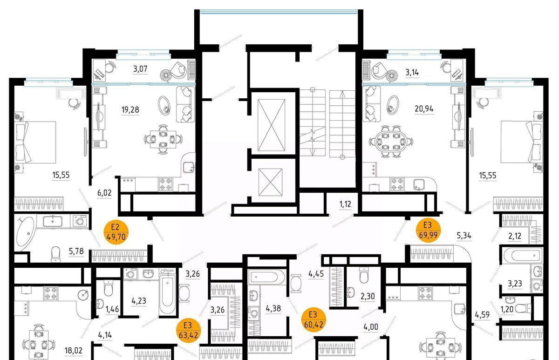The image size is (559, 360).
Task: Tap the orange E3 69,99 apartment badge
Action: point(428,230)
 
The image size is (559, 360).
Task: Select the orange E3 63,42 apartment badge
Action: point(188,330)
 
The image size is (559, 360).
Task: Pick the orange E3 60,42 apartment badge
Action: point(314,319)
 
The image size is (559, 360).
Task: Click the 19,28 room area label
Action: point(130,109)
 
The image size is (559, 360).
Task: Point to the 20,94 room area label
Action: point(424,109)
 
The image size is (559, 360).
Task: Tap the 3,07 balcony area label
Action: point(140,68)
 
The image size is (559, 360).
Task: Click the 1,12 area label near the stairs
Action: point(345,204)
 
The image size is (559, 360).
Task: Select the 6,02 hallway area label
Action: point(104,193)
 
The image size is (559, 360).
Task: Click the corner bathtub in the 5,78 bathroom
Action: point(25,233)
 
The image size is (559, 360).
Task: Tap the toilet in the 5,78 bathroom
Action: point(55,254)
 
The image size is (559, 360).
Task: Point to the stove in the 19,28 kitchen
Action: point(165,184)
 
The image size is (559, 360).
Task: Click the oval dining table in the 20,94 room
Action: point(391,142)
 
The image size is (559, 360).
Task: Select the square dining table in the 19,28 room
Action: point(163,139)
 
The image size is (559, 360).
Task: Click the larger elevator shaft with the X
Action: point(271,125)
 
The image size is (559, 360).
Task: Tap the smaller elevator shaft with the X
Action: point(271,182)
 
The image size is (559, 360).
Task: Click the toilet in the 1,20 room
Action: point(523,309)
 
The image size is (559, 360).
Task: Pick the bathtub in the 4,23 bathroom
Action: point(167,295)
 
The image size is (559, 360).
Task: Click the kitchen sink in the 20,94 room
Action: point(419,185)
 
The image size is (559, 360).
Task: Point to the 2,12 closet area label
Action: point(515,236)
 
